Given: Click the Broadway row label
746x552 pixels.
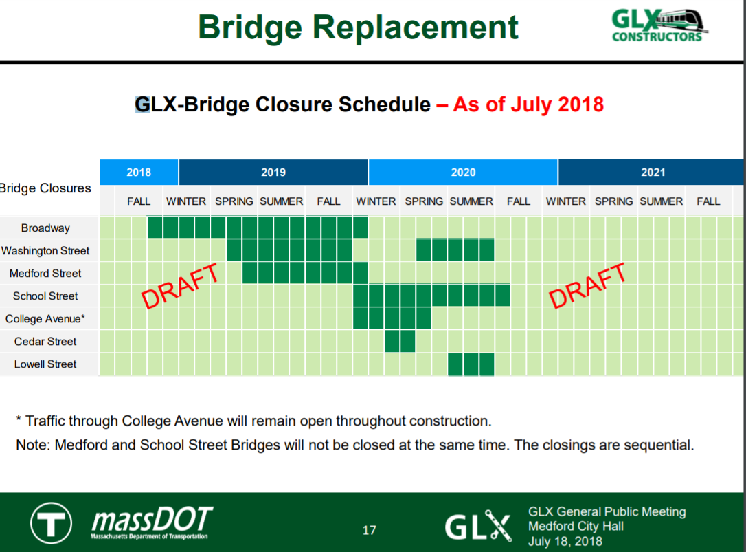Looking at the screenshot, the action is coord(45,228).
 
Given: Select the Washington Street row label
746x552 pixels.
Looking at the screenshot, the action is coord(45,250).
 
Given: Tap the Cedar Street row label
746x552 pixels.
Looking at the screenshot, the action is coord(45,342).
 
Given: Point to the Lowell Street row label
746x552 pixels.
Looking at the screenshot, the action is coord(45,364).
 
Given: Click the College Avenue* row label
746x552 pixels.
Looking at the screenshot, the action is coord(45,319).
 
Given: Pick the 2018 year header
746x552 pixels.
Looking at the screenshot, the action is coord(139,173).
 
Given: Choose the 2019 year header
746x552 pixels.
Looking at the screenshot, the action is coord(273,173).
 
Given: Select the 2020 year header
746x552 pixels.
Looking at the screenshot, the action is coord(463,173).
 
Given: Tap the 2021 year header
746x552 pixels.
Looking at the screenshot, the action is coord(653,173).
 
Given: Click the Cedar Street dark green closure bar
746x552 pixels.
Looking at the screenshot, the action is coord(400,342).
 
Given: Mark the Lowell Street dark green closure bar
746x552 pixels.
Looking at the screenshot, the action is coord(471,364).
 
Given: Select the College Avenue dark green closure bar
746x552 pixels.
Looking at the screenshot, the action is coord(392,319).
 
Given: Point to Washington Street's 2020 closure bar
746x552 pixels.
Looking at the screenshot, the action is coord(455,250).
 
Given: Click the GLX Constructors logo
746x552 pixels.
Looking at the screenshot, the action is coord(659,25).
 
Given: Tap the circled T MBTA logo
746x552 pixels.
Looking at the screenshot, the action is coord(52,523).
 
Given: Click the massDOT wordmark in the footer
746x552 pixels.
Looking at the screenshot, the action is coord(152,522).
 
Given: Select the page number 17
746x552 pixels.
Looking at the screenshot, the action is coord(369,530).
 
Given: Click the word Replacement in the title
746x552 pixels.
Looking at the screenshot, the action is coord(415,27).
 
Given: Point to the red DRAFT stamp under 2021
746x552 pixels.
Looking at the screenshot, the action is coord(587,286).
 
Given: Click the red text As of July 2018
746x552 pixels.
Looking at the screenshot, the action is coord(528,104).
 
